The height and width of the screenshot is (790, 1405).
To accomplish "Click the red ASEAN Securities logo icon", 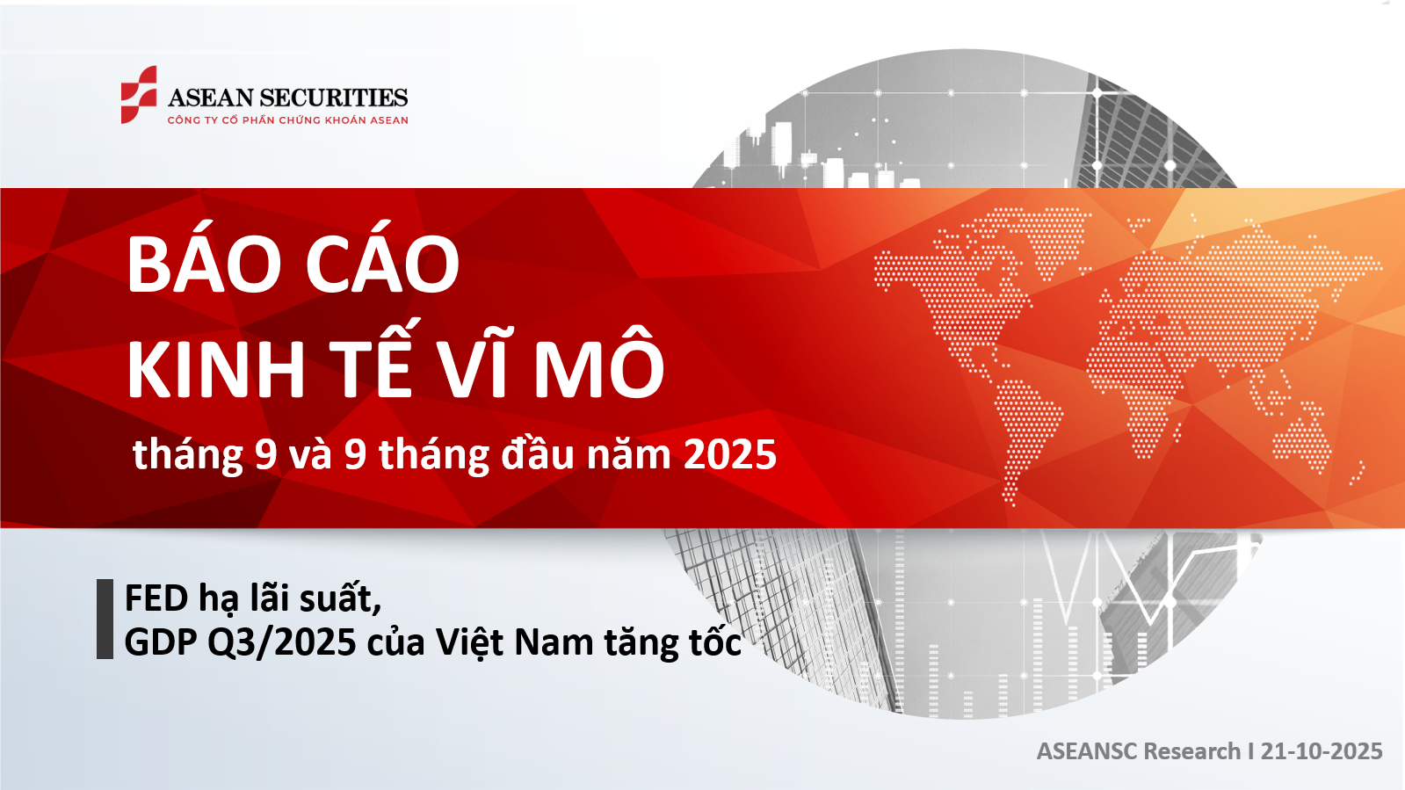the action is pos(139,95).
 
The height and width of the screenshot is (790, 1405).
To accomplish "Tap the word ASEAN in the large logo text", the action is pos(210,98).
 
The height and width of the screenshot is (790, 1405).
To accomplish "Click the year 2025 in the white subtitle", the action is pos(730,454).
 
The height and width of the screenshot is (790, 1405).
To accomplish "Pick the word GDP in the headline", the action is pos(161,641).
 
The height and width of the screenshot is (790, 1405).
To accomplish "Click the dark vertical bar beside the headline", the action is pos(105,619).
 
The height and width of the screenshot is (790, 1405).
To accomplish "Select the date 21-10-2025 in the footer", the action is pos(1322,751).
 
